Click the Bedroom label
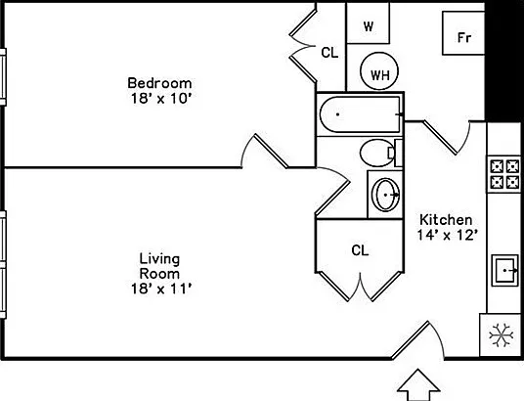(x=159, y=83)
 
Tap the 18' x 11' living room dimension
(x=160, y=289)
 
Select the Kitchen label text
(x=446, y=220)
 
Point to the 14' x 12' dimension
(x=446, y=235)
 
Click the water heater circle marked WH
(x=379, y=70)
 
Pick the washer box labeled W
(x=368, y=22)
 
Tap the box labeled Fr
(x=463, y=33)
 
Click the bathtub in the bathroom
(x=360, y=114)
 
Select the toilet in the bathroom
(x=381, y=153)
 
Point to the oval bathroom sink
(x=386, y=195)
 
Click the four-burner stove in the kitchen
(x=504, y=174)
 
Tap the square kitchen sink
(x=505, y=270)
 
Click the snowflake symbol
(x=502, y=335)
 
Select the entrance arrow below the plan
(x=418, y=384)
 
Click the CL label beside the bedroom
(x=329, y=53)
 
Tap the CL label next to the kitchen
(x=360, y=249)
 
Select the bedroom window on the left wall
(x=3, y=77)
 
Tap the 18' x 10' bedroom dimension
(x=160, y=99)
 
